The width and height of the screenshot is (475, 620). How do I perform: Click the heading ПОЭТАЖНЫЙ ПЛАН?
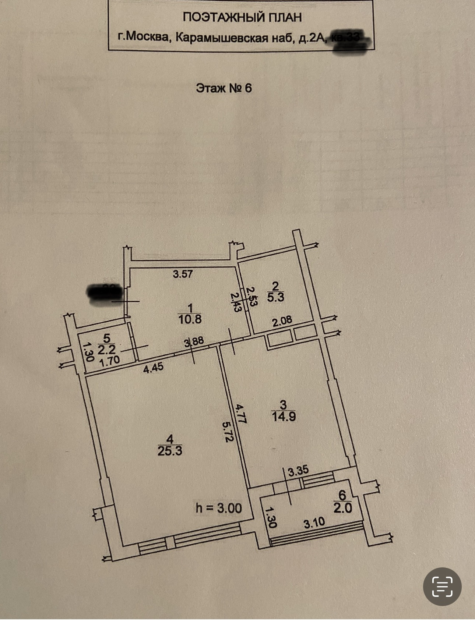tap(242, 17)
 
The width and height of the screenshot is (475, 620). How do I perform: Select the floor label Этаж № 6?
tap(224, 88)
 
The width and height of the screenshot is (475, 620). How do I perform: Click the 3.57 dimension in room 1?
tap(183, 274)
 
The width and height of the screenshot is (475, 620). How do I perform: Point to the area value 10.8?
tap(190, 319)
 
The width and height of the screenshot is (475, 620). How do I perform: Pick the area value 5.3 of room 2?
tap(275, 297)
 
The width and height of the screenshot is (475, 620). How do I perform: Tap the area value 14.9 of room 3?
tap(284, 417)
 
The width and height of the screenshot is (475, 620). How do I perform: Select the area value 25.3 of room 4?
tap(170, 451)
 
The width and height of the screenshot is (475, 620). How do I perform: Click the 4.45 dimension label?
tap(153, 368)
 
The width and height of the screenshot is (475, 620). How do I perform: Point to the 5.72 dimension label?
tap(228, 431)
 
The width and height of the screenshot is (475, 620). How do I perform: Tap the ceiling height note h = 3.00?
tap(219, 508)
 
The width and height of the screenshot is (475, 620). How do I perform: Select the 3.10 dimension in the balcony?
tap(314, 523)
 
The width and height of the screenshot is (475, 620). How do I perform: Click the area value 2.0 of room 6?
tap(343, 508)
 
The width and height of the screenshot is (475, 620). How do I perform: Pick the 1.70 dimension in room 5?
tap(110, 361)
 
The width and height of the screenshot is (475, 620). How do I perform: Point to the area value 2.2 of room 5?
tap(106, 349)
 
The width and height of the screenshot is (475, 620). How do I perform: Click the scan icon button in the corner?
tap(442, 587)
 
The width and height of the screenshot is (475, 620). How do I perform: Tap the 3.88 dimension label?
tap(194, 341)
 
